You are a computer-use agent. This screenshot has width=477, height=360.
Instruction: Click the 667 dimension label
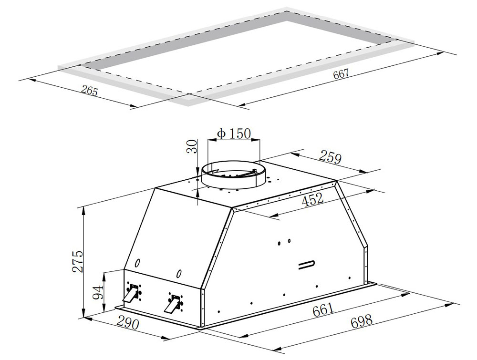(x=341, y=74)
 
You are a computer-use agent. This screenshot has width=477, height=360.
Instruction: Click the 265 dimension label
(x=90, y=91)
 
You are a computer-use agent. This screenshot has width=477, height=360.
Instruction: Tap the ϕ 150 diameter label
(x=234, y=134)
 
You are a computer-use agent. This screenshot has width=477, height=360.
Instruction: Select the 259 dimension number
(x=331, y=157)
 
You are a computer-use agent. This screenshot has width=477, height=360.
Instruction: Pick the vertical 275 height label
(x=78, y=261)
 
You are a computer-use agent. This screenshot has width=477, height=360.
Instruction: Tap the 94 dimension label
(x=98, y=292)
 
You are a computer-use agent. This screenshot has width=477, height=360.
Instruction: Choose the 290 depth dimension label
(x=127, y=324)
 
